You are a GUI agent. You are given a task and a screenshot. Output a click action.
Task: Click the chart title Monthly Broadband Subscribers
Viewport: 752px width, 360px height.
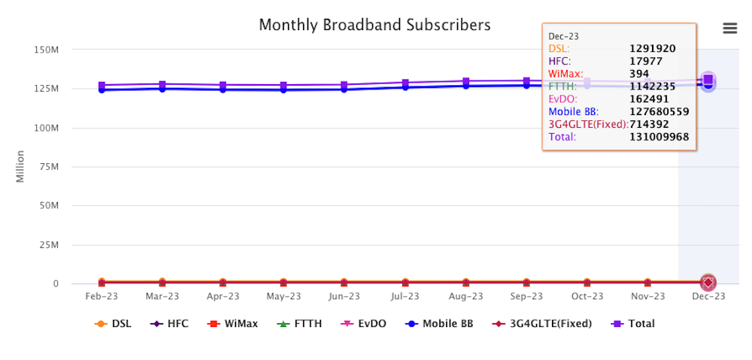pyautogui.click(x=374, y=25)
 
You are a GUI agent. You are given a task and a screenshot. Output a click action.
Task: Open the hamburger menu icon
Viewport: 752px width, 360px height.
pyautogui.click(x=729, y=28)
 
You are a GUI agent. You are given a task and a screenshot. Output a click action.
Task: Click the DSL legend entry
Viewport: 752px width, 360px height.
pyautogui.click(x=114, y=323)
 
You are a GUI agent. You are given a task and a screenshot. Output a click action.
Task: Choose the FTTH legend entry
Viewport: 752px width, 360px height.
pyautogui.click(x=301, y=323)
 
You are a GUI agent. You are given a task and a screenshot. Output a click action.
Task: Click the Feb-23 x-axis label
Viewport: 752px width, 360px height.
pyautogui.click(x=102, y=296)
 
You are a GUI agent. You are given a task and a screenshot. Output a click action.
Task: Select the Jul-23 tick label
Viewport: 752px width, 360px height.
pyautogui.click(x=405, y=296)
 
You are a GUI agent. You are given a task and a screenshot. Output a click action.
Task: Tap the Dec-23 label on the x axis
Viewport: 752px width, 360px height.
pyautogui.click(x=708, y=296)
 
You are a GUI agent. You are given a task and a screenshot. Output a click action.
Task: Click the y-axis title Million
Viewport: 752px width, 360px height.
pyautogui.click(x=20, y=166)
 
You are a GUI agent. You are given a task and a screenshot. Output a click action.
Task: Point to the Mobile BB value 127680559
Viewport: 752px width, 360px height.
pyautogui.click(x=660, y=112)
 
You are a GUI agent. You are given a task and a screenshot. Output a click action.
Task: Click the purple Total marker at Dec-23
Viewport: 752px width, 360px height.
pyautogui.click(x=708, y=80)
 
